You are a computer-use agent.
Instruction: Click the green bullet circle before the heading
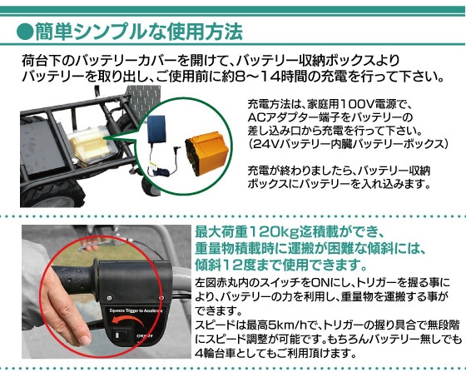pos(25,32)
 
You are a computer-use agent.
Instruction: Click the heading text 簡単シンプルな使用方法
pos(139,32)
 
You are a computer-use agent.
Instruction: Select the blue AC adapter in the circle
pos(157,129)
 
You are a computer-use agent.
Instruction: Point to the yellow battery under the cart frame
pos(88,145)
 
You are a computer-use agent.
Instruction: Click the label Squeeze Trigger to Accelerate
pos(136,310)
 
